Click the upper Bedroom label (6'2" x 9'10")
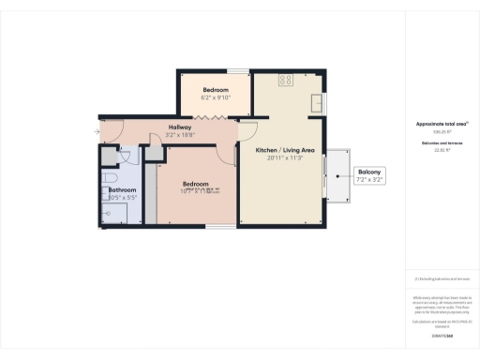(215, 88)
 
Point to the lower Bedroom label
(195, 184)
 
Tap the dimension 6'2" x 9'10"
(215, 97)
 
